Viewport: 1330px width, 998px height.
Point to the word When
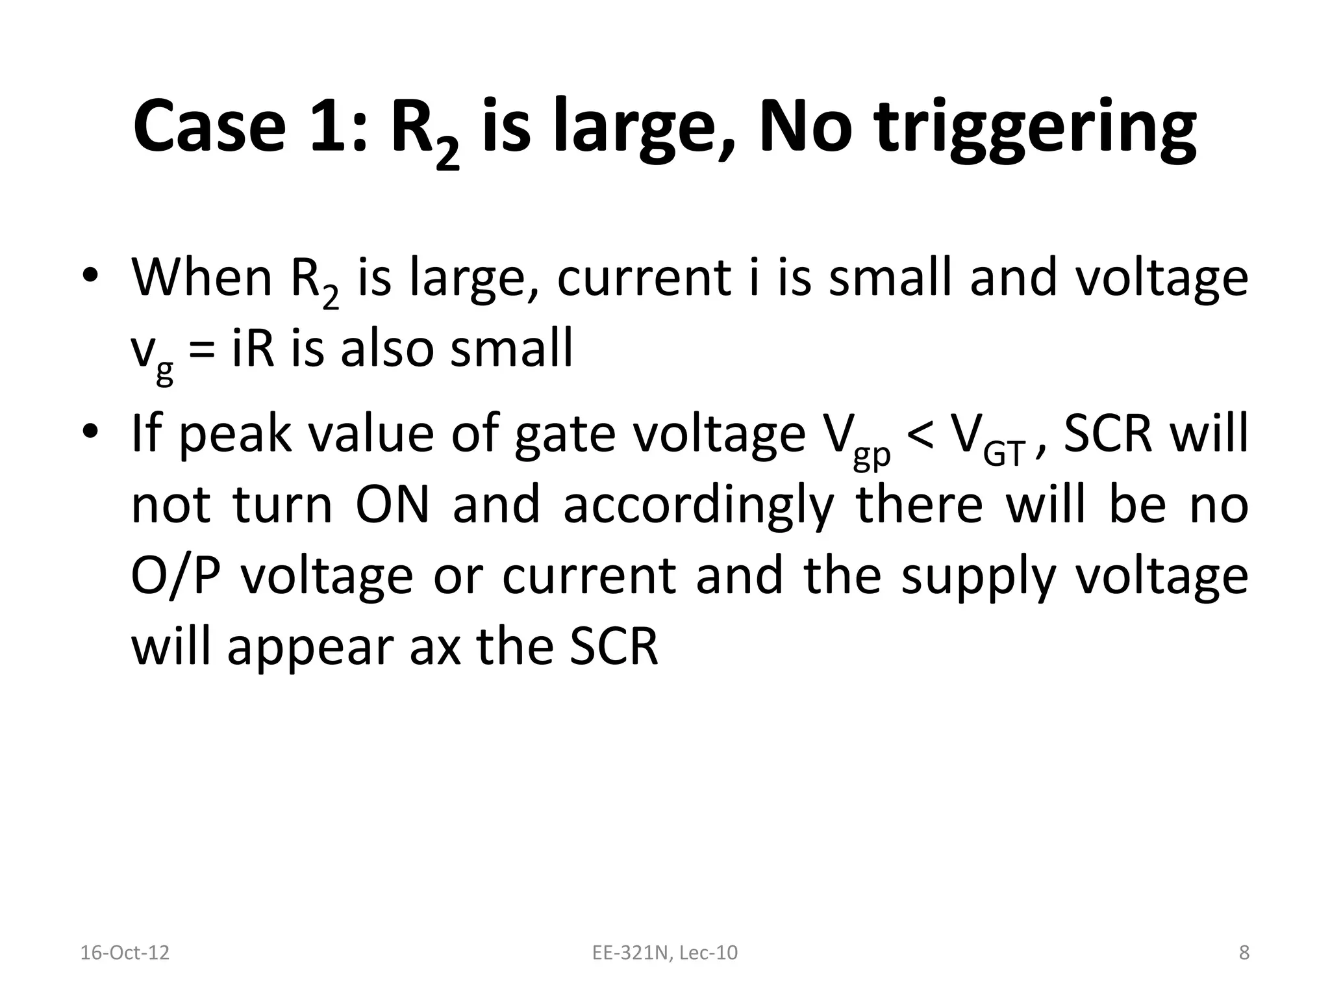201,277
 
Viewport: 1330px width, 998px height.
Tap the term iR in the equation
253,348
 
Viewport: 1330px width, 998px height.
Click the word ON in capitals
392,505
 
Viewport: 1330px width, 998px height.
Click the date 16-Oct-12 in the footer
125,953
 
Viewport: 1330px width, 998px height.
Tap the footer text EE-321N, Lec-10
665,953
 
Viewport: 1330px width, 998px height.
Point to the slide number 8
1244,953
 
